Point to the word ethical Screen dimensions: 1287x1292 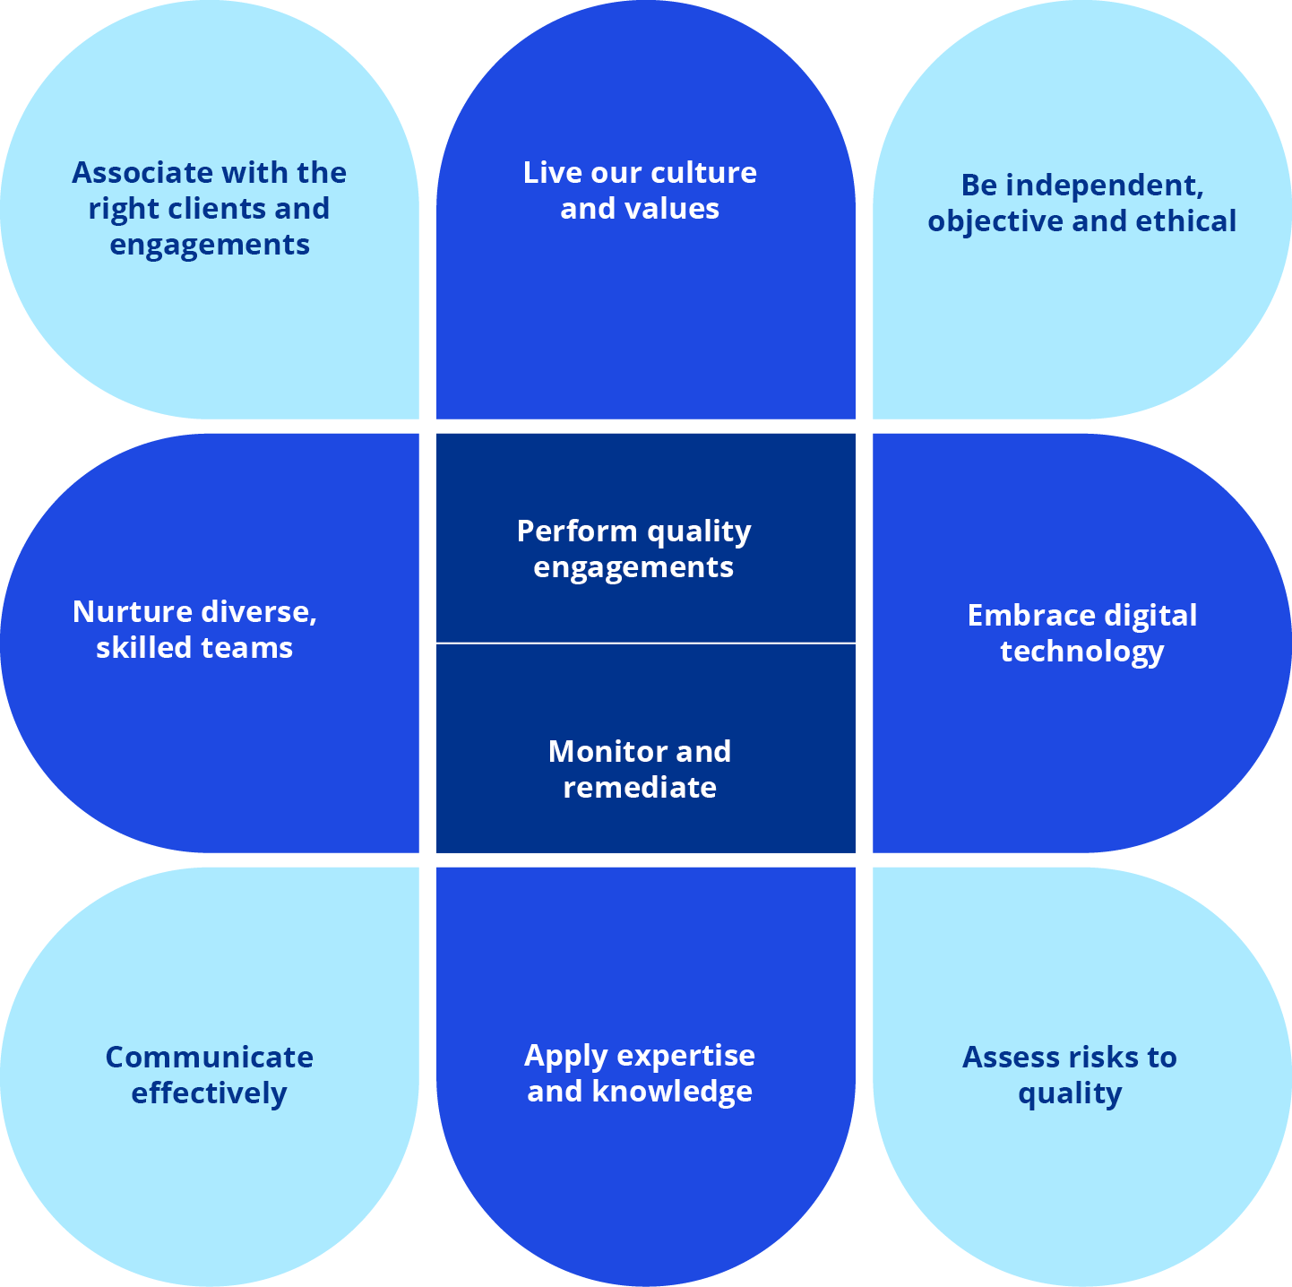[1188, 221]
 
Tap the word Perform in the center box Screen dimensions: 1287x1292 [577, 531]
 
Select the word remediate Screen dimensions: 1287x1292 [640, 788]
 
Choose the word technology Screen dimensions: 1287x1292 [1082, 652]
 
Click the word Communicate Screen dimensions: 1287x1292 [209, 1058]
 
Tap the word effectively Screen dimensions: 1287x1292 [209, 1094]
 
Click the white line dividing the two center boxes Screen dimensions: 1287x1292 [645, 643]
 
